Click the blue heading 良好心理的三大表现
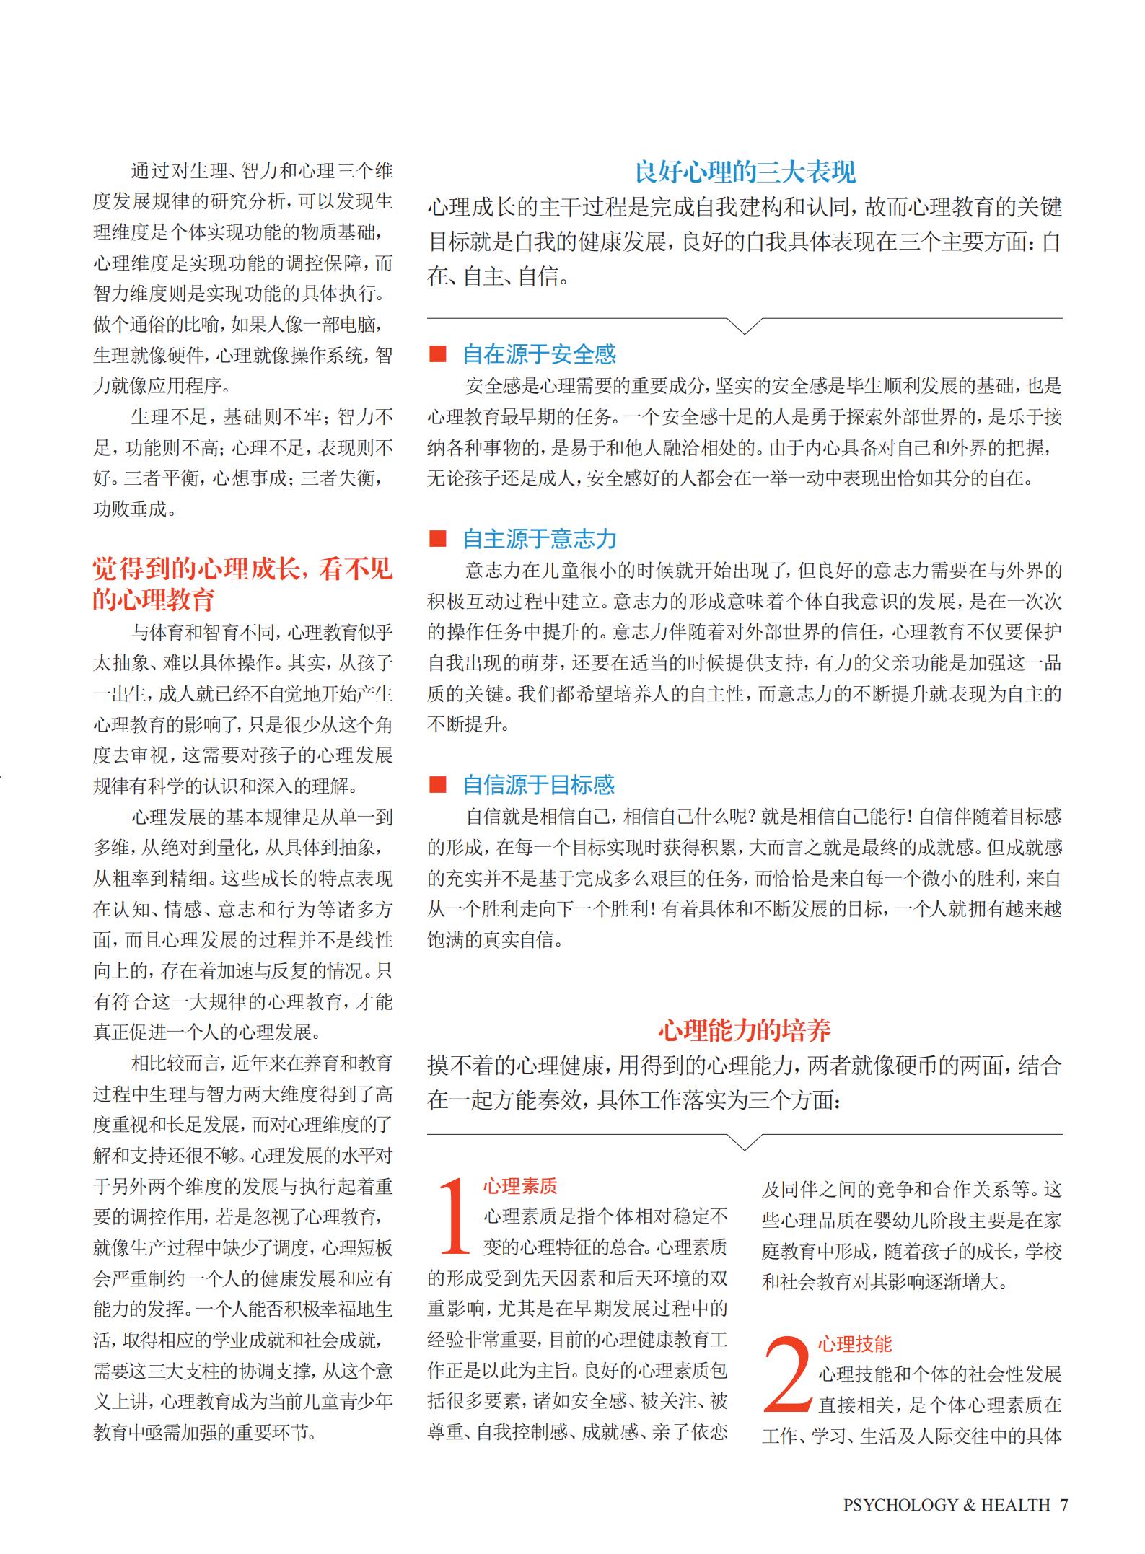745,172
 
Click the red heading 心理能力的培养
745,1030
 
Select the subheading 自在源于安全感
539,354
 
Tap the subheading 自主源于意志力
540,539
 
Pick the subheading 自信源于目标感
539,785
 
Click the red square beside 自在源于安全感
437,354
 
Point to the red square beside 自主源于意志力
437,539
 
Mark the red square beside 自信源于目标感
437,785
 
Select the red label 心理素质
520,1186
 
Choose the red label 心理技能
855,1343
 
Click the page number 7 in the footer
1063,1504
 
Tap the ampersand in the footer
969,1504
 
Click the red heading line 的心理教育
154,600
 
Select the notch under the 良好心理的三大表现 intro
744,326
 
